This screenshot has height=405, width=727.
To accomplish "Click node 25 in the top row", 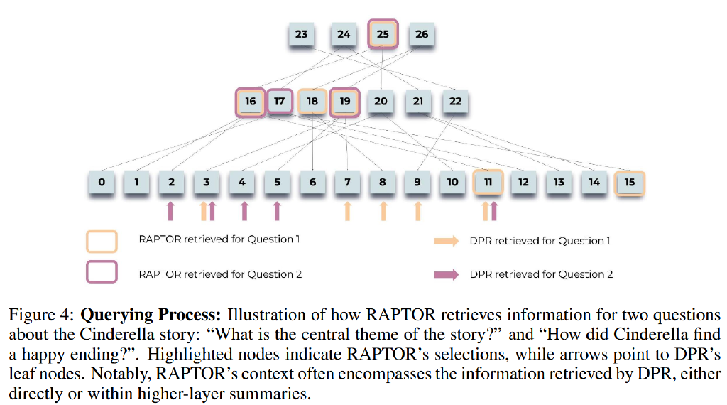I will click(x=383, y=34).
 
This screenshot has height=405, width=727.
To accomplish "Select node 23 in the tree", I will click(x=302, y=34).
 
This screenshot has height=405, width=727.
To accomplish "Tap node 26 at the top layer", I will click(x=422, y=34).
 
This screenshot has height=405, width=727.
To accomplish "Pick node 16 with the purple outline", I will click(x=250, y=102).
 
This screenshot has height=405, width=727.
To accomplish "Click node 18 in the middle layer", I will click(x=312, y=102).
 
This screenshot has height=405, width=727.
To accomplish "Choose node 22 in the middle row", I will click(x=455, y=102).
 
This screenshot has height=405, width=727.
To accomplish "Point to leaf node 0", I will click(x=102, y=183).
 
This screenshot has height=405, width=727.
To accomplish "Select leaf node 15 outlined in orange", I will click(x=629, y=183).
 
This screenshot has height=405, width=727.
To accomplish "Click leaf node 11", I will click(x=488, y=183).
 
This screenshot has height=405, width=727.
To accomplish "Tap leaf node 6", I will click(x=312, y=183).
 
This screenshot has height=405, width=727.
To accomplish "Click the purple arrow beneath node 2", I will click(x=170, y=210).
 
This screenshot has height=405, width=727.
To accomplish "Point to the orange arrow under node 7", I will click(x=347, y=210).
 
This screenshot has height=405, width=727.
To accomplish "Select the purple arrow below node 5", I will click(x=277, y=210).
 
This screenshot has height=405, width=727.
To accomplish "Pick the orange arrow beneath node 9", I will click(x=417, y=210).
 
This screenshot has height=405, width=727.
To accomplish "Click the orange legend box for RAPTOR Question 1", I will click(x=102, y=241).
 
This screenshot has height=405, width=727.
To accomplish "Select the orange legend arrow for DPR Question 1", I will click(x=447, y=242).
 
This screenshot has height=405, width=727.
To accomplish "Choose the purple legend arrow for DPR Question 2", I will click(x=447, y=275).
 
